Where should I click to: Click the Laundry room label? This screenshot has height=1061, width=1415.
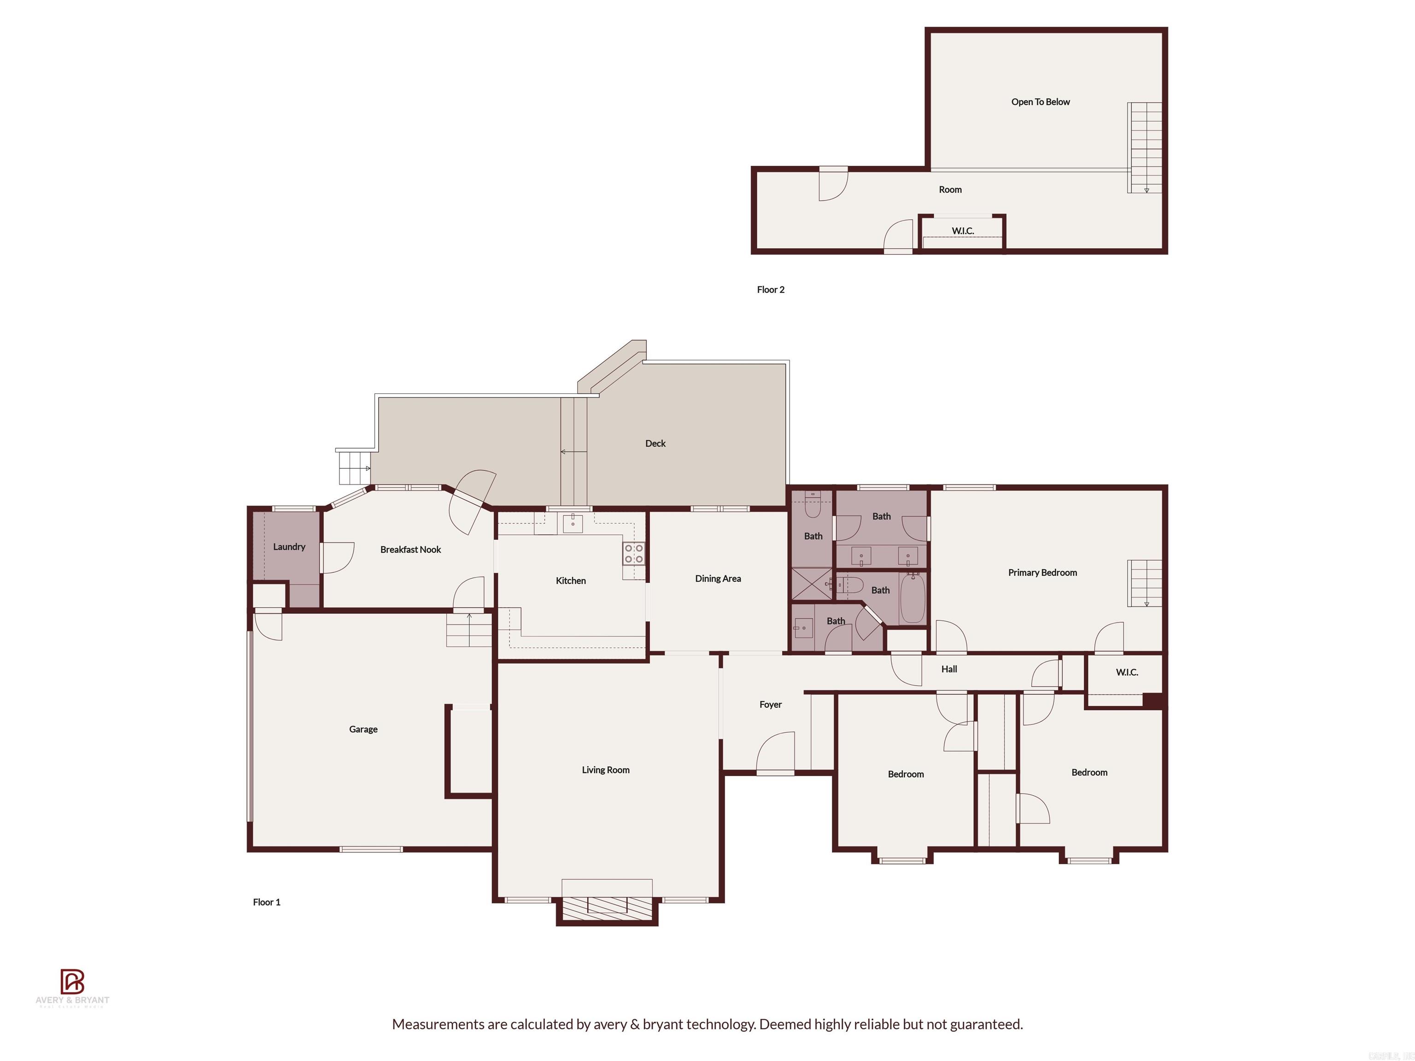[x=289, y=547]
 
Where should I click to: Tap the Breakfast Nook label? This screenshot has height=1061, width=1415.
[x=411, y=549]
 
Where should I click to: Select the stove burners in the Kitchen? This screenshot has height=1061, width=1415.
[x=634, y=554]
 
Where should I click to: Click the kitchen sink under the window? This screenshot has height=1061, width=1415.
[x=573, y=524]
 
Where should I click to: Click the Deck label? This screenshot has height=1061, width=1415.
[x=655, y=443]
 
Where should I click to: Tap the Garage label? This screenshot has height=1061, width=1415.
[x=363, y=729]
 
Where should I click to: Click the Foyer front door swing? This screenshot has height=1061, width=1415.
[x=775, y=753]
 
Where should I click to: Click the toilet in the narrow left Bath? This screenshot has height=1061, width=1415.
[x=813, y=505]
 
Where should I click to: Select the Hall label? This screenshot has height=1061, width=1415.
[x=949, y=669]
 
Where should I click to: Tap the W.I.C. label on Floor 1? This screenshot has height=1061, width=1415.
[x=1127, y=672]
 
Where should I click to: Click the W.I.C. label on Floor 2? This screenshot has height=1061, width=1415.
[x=962, y=231]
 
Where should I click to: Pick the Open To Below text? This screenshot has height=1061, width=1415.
[x=1040, y=102]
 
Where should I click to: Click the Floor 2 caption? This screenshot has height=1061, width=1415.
[x=770, y=290]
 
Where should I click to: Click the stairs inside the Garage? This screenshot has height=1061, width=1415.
[x=469, y=630]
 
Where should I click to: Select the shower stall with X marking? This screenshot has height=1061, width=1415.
[x=812, y=584]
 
